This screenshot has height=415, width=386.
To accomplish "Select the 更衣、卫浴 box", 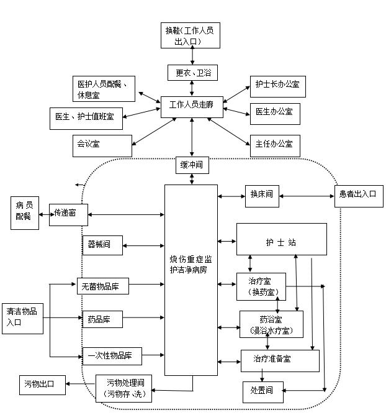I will [192, 73].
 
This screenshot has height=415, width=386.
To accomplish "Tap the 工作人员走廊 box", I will [191, 106].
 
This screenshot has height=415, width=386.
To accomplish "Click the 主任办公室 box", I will [274, 145].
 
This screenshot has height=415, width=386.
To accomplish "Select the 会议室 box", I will [101, 145].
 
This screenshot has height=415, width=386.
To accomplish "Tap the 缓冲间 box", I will [192, 166].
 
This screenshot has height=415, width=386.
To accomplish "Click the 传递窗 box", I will [68, 214].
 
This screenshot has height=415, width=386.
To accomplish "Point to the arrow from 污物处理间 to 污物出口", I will [80, 385].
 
